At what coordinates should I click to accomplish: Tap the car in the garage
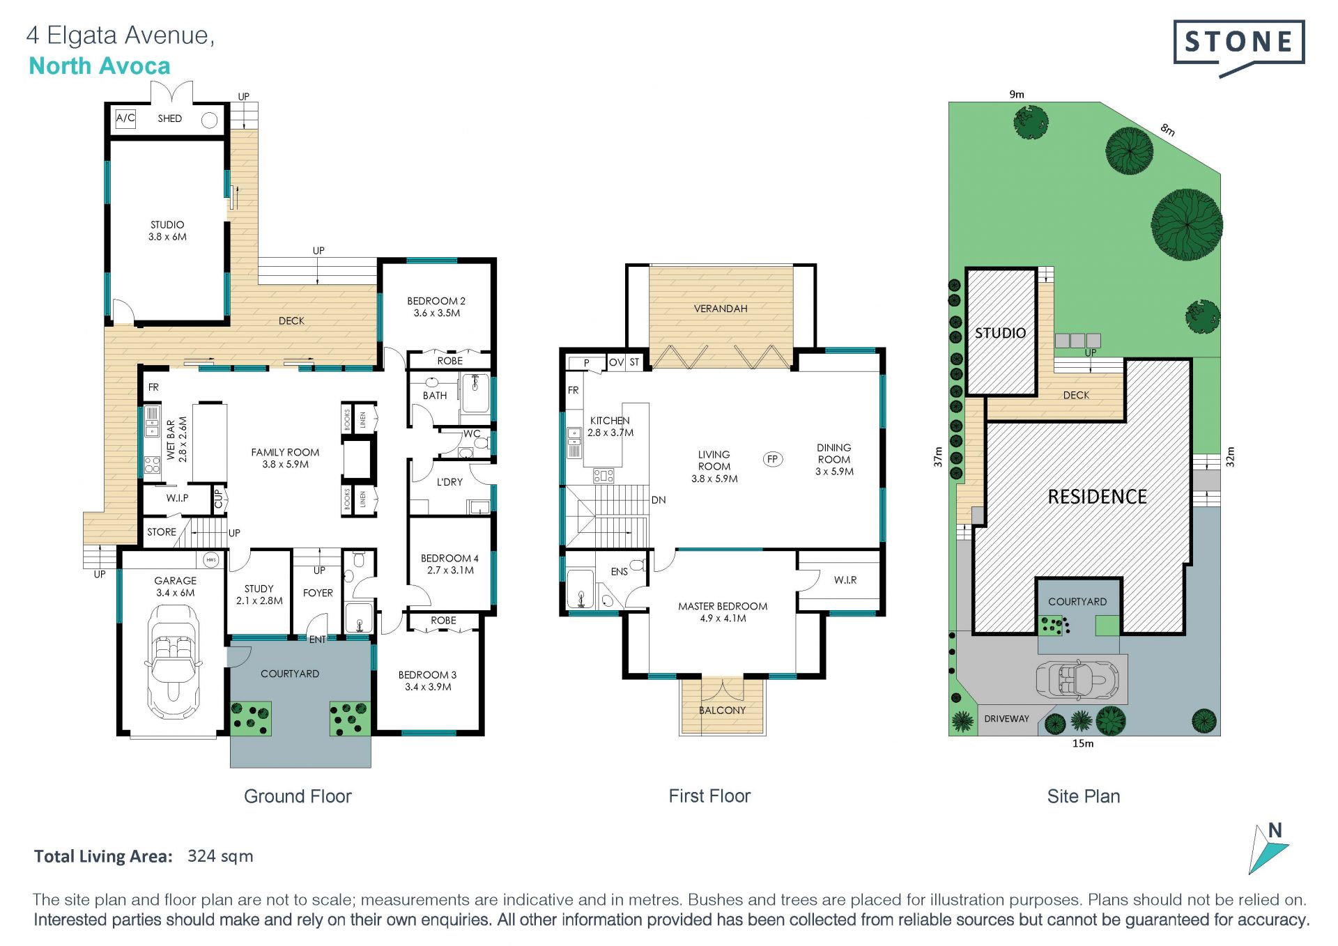(x=173, y=661)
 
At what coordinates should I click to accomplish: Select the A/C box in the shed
(x=125, y=118)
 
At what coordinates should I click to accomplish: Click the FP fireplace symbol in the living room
(x=772, y=459)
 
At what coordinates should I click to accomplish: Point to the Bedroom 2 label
(x=436, y=307)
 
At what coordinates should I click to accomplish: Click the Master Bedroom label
(x=723, y=612)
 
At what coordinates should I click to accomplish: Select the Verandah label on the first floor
(x=721, y=309)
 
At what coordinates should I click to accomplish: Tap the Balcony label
(x=723, y=711)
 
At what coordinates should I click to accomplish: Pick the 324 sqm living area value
(x=220, y=856)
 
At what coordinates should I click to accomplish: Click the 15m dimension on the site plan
(x=1083, y=743)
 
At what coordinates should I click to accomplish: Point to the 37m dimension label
(x=938, y=457)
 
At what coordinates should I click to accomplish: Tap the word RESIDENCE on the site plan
(x=1098, y=497)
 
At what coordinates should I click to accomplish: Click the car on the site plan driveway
(x=1077, y=679)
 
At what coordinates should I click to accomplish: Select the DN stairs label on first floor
(x=659, y=500)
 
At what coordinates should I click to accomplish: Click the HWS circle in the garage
(x=211, y=559)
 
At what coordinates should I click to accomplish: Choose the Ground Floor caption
(x=298, y=796)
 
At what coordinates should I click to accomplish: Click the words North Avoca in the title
(x=100, y=66)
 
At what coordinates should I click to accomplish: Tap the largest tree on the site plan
(x=1187, y=225)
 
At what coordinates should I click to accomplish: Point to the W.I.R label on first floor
(x=845, y=580)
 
